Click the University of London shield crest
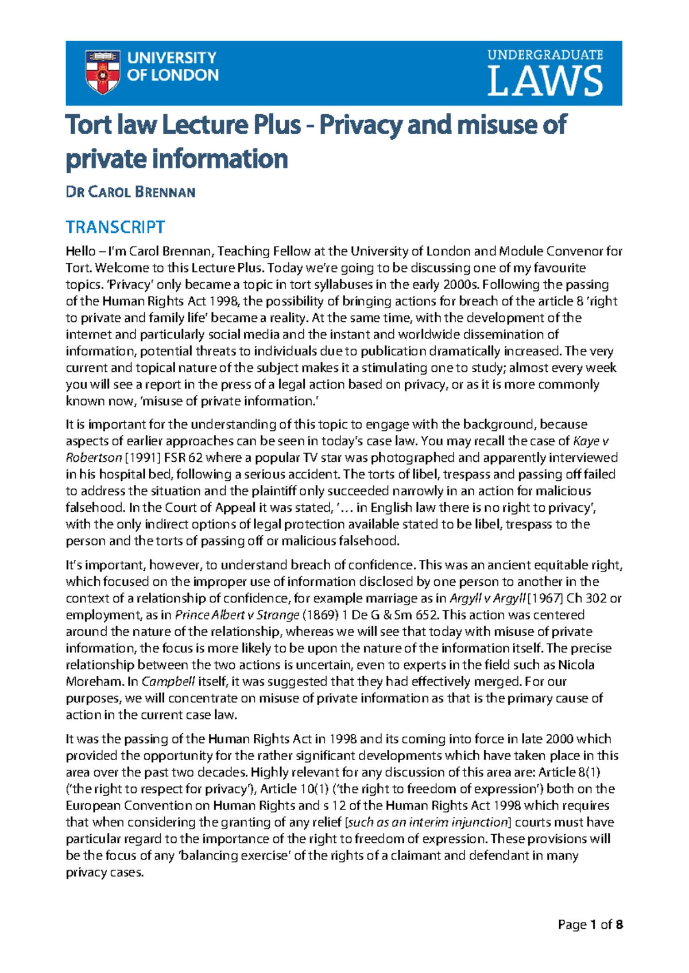coord(103,72)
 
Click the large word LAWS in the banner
coord(545,81)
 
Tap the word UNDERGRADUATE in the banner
coord(545,55)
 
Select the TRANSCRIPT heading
coord(115,227)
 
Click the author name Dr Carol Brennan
coord(130,192)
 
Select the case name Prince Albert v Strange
coord(237,615)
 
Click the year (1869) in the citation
coord(320,615)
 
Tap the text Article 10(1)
coord(293,789)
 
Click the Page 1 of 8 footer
coord(590,925)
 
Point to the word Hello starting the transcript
coord(80,251)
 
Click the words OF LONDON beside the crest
coord(172,75)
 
